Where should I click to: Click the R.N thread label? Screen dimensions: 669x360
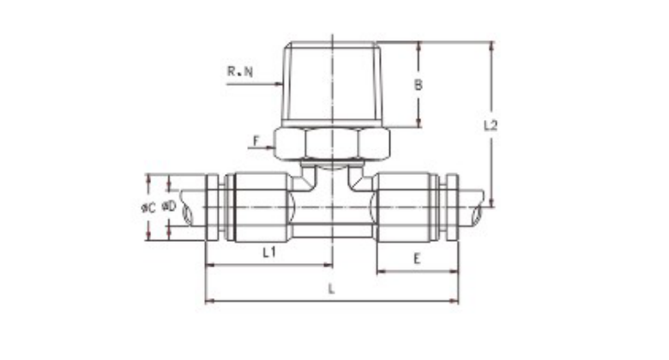pyautogui.click(x=240, y=71)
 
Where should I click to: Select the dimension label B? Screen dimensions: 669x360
pyautogui.click(x=419, y=85)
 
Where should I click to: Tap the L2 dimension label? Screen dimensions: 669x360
pyautogui.click(x=491, y=125)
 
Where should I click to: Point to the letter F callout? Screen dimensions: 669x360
pyautogui.click(x=256, y=141)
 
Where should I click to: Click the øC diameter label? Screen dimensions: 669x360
pyautogui.click(x=148, y=207)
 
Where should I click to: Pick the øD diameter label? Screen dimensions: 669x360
pyautogui.click(x=169, y=207)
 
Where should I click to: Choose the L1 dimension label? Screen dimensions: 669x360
pyautogui.click(x=269, y=253)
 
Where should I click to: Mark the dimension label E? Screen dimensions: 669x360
pyautogui.click(x=418, y=258)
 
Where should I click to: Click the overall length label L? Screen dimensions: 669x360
pyautogui.click(x=331, y=289)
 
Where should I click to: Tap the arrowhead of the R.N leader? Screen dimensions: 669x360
pyautogui.click(x=280, y=84)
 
